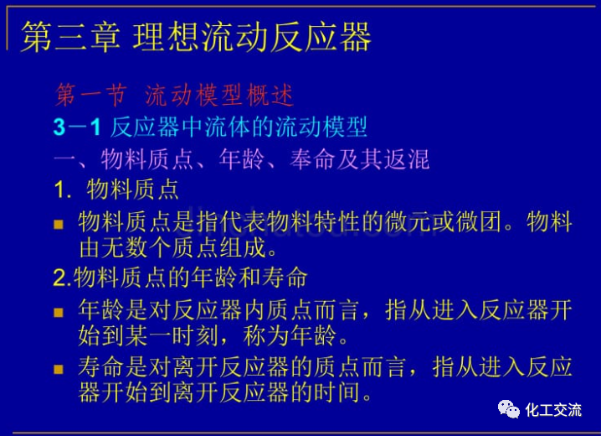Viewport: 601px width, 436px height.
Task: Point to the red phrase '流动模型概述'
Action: (219, 96)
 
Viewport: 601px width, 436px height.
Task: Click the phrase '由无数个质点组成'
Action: (177, 248)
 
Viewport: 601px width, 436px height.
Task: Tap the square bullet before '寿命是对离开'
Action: (59, 369)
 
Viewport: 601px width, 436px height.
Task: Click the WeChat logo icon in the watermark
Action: (508, 409)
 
